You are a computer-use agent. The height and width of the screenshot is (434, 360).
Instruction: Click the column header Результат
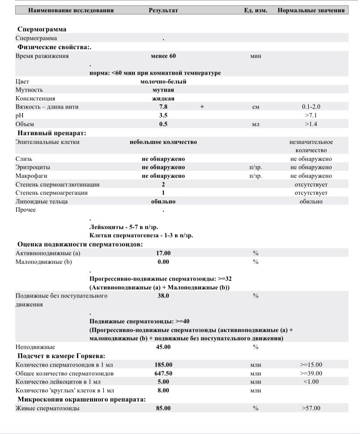163,10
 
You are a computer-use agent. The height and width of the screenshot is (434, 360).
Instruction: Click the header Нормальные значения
311,10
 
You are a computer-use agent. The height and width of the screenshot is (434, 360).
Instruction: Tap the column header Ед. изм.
256,10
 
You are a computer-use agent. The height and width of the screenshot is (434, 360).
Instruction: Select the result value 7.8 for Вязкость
163,107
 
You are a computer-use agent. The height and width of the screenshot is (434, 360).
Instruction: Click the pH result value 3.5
163,116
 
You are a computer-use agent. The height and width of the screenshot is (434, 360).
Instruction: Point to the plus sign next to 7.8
202,107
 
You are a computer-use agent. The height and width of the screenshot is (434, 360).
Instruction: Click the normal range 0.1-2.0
311,107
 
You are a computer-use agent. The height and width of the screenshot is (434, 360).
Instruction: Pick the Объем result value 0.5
163,124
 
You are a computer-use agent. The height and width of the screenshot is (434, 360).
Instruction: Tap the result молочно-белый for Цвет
163,81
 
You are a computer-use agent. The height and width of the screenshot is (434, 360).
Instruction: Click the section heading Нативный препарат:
52,133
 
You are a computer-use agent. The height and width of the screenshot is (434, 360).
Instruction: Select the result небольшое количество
163,142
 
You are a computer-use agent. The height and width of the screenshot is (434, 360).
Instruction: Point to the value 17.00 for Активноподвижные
163,253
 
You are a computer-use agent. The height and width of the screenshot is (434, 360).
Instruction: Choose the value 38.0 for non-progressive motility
163,296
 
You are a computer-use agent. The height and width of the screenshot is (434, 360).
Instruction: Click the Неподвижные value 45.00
163,347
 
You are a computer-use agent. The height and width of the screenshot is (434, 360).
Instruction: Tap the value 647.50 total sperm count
163,374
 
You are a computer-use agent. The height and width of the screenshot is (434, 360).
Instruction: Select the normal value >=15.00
311,365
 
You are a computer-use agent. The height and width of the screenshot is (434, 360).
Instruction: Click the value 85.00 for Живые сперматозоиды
163,408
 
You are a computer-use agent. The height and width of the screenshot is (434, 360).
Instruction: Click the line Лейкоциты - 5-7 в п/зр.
124,227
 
